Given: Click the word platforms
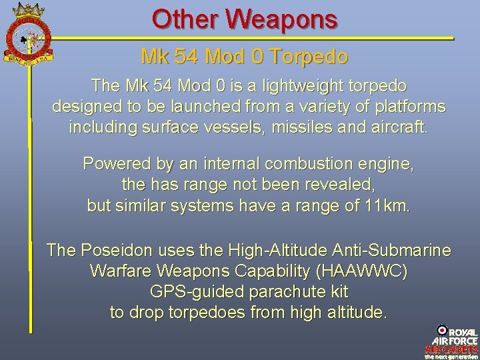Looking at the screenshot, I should click(x=407, y=107).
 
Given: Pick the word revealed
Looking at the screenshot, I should click(x=349, y=184).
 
